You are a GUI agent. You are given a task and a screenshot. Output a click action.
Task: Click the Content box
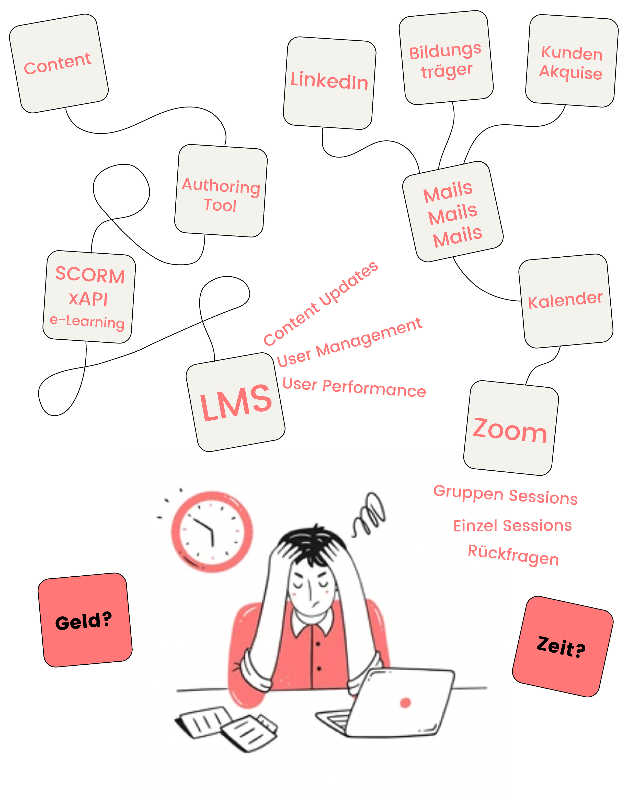[59, 64]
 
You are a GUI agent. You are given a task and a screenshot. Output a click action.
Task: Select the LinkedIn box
[329, 83]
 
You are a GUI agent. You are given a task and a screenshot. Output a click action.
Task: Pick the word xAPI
[88, 299]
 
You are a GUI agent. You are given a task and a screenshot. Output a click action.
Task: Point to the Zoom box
[510, 428]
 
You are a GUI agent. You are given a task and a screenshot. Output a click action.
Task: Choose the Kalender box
[565, 301]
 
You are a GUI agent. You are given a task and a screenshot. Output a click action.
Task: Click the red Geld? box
[85, 620]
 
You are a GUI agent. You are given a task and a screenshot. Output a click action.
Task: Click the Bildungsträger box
[446, 58]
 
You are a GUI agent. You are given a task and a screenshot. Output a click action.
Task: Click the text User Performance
[354, 388]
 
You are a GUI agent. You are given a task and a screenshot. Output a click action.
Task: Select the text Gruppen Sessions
[505, 494]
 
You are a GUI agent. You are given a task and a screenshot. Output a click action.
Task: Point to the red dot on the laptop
[405, 702]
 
